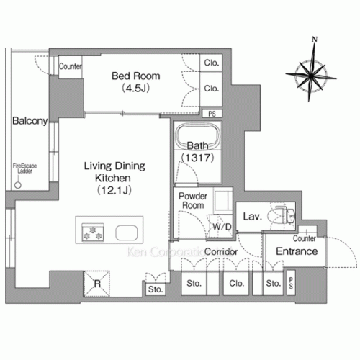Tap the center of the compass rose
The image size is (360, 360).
coord(307,73)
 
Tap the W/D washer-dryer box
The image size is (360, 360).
coord(220,227)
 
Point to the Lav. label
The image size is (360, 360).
coord(251,216)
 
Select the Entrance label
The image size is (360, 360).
coord(297,251)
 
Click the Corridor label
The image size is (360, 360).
coord(221,251)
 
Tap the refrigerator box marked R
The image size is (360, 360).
coord(96,282)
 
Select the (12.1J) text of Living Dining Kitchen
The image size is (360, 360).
coord(116,189)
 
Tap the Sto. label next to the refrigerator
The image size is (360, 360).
coord(156,289)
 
